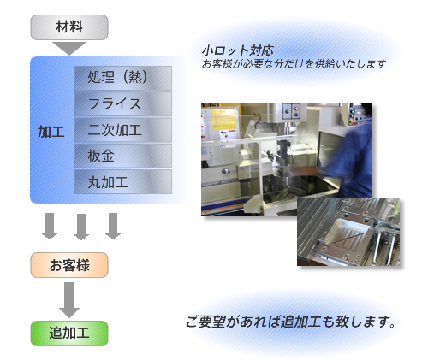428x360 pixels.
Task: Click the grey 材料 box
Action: pyautogui.click(x=69, y=27)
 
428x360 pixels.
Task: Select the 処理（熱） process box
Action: pyautogui.click(x=123, y=78)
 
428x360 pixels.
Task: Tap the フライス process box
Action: pyautogui.click(x=123, y=103)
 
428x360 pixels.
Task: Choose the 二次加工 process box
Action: pyautogui.click(x=123, y=130)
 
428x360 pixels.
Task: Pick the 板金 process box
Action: pyautogui.click(x=123, y=156)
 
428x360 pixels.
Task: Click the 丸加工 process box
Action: pyautogui.click(x=123, y=182)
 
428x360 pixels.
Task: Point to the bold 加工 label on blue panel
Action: pyautogui.click(x=51, y=132)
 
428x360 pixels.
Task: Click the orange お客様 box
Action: pyautogui.click(x=69, y=265)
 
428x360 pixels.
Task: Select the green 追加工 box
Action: pyautogui.click(x=69, y=333)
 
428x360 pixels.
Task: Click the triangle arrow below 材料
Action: pyautogui.click(x=69, y=47)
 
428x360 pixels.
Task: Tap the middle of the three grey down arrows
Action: pyautogui.click(x=81, y=227)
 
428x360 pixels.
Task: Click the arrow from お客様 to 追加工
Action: pyautogui.click(x=69, y=300)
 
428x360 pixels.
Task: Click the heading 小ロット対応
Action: pyautogui.click(x=238, y=50)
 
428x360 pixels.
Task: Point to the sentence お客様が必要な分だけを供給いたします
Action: pyautogui.click(x=294, y=64)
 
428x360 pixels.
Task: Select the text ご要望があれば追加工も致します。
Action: pyautogui.click(x=291, y=322)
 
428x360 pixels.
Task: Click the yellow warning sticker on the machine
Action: pyautogui.click(x=224, y=120)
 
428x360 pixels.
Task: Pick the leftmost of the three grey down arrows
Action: pyautogui.click(x=50, y=226)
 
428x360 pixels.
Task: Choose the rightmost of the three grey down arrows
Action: pyautogui.click(x=113, y=226)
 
